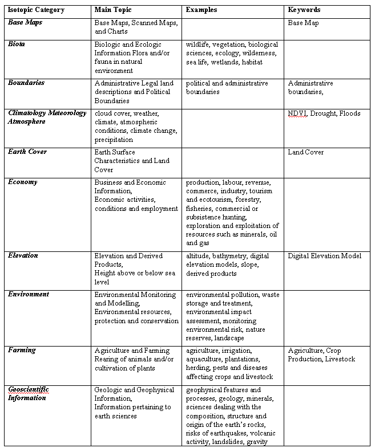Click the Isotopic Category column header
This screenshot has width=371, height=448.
pos(36,10)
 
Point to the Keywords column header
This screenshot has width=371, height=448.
pos(304,10)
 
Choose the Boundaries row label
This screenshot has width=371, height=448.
pos(26,83)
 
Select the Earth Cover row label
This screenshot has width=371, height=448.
pos(27,152)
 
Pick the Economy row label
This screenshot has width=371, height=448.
pos(22,182)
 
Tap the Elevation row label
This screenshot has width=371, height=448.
pos(23,256)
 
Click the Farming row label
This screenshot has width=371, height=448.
pos(22,350)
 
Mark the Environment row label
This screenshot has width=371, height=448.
pos(29,294)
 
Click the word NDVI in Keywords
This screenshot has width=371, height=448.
pos(297,113)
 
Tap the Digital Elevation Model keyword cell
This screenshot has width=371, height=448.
pos(324,256)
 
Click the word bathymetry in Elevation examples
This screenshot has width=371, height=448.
pos(230,256)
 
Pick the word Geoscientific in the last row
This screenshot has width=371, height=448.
pos(29,389)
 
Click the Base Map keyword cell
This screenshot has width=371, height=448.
pos(303,23)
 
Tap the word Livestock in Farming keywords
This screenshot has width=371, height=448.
pos(340,359)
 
